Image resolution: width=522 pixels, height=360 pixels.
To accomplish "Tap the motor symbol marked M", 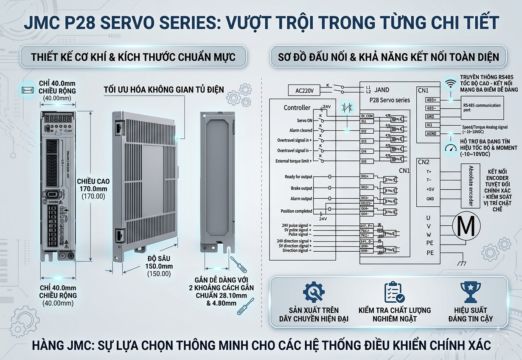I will tap(467, 227).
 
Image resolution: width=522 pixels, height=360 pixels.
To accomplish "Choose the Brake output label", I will tap(301, 188).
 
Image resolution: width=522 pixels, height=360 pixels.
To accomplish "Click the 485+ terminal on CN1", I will tap(431, 100).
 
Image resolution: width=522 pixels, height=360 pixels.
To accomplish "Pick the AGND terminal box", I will tap(431, 134).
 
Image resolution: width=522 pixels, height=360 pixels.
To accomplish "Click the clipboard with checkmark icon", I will tap(394, 292).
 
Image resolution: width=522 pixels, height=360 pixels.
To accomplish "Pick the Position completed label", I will tap(296, 211).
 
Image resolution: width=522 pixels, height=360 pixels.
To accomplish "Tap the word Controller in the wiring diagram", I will tap(297, 108).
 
